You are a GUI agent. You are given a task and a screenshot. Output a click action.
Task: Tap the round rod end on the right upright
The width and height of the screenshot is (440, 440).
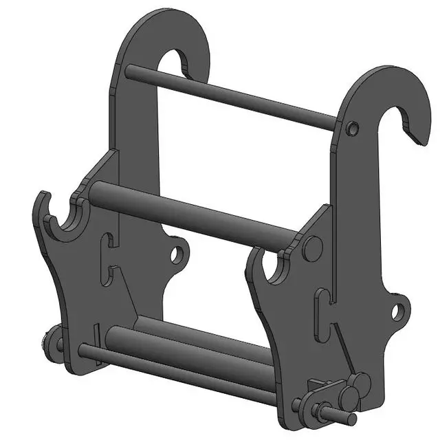[353, 128]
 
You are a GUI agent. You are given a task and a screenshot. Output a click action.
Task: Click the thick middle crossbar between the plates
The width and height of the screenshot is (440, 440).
[199, 213]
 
